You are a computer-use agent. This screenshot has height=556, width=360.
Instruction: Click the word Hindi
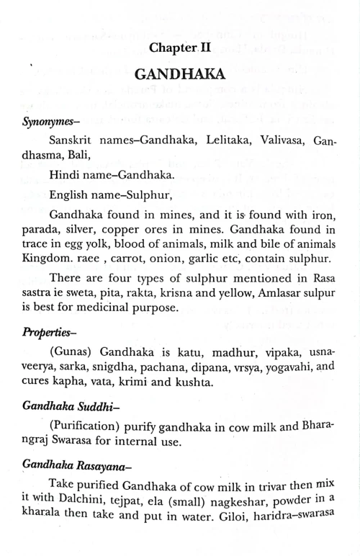[65, 175]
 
